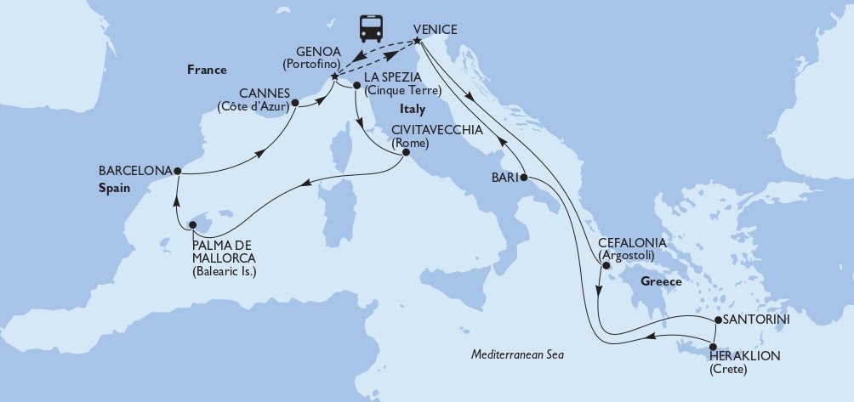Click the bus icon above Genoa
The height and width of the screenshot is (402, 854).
pyautogui.click(x=371, y=28)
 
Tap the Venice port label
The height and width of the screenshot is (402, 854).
pyautogui.click(x=436, y=29)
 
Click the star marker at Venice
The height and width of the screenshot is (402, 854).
pyautogui.click(x=418, y=41)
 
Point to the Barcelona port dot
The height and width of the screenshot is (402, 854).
pyautogui.click(x=177, y=171)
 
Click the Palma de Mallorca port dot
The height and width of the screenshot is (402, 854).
pyautogui.click(x=193, y=225)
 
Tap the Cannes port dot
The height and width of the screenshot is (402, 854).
pyautogui.click(x=294, y=106)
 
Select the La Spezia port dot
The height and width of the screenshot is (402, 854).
pyautogui.click(x=356, y=85)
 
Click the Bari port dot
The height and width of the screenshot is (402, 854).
pyautogui.click(x=524, y=178)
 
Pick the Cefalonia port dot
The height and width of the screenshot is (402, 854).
pyautogui.click(x=606, y=266)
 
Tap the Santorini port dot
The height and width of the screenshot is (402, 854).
pyautogui.click(x=717, y=320)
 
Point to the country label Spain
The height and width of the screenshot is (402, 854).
pyautogui.click(x=113, y=189)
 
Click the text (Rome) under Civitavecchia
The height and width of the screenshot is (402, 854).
pyautogui.click(x=410, y=143)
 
